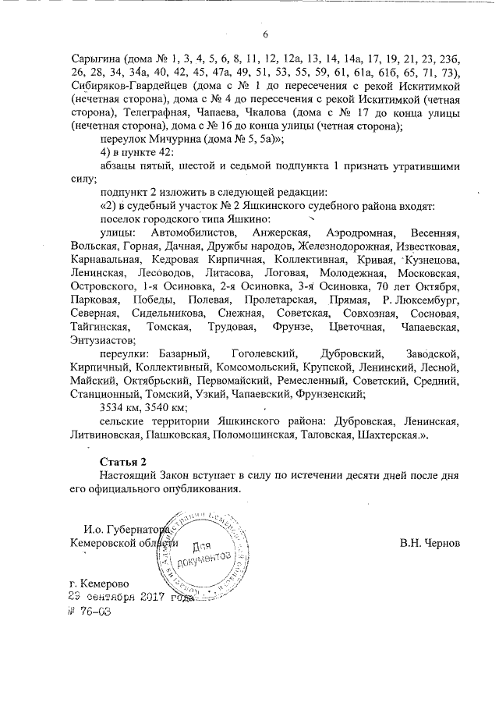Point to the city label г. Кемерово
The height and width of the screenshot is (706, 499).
coord(98,584)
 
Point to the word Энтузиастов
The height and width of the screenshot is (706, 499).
coord(102,340)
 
